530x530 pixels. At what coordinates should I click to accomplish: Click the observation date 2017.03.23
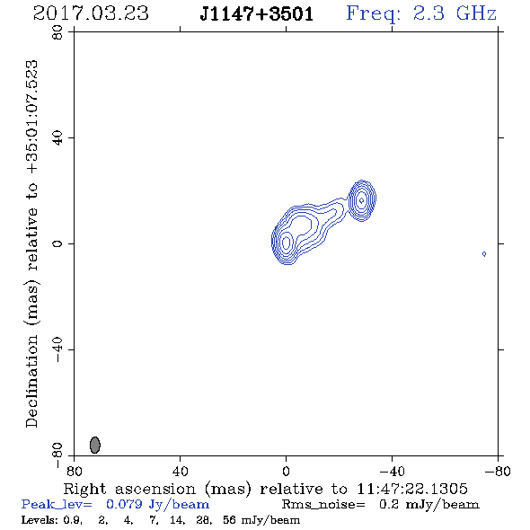pyautogui.click(x=91, y=13)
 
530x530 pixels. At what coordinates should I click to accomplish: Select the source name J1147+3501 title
pyautogui.click(x=257, y=14)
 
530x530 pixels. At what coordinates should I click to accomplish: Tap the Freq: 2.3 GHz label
pyautogui.click(x=421, y=14)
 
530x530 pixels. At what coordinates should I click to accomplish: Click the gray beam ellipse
pyautogui.click(x=95, y=445)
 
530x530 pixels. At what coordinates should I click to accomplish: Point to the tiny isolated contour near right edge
pyautogui.click(x=484, y=254)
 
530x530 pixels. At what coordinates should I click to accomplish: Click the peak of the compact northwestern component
pyautogui.click(x=361, y=200)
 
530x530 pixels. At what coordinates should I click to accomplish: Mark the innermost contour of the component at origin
pyautogui.click(x=286, y=243)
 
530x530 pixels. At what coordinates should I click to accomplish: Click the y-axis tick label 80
pyautogui.click(x=57, y=32)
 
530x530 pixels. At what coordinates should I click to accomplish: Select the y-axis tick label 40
pyautogui.click(x=57, y=138)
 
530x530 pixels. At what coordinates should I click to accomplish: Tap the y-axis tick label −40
pyautogui.click(x=57, y=349)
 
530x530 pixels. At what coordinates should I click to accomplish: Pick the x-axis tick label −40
pyautogui.click(x=392, y=471)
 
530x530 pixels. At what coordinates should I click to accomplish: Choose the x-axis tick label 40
pyautogui.click(x=180, y=471)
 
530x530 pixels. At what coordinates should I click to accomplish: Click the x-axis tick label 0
pyautogui.click(x=286, y=471)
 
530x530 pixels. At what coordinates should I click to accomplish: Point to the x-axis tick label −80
pyautogui.click(x=498, y=471)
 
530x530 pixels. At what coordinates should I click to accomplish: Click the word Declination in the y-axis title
pyautogui.click(x=31, y=381)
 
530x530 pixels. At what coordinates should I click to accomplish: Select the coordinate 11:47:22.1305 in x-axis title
pyautogui.click(x=412, y=489)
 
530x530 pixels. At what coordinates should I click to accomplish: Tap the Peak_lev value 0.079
pyautogui.click(x=124, y=504)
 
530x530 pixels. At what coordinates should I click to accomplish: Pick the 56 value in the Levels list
pyautogui.click(x=229, y=519)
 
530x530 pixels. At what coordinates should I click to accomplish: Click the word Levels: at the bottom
pyautogui.click(x=40, y=519)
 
